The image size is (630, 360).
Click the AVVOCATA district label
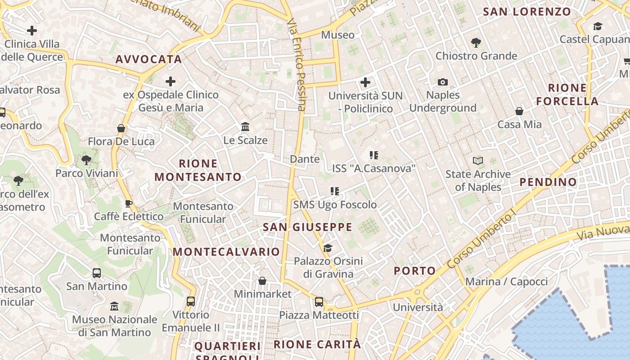(148, 59)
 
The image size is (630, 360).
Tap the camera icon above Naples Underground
(443, 82)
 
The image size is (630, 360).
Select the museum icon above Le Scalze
(245, 127)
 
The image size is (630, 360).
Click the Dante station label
(305, 159)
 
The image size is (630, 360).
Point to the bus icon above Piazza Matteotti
(319, 301)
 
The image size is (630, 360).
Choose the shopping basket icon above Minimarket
(262, 281)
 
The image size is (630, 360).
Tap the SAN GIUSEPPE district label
(307, 227)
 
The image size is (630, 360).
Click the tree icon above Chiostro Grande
(476, 43)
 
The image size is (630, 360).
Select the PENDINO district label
(548, 182)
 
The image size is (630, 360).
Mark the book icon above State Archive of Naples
(478, 161)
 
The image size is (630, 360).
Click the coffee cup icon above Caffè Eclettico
(129, 203)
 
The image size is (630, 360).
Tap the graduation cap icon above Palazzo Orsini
(328, 248)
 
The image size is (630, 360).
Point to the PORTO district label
(415, 271)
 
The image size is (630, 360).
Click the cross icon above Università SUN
(365, 82)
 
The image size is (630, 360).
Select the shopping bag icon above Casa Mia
(519, 111)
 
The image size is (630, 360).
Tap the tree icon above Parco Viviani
(86, 160)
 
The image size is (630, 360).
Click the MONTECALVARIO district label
(226, 252)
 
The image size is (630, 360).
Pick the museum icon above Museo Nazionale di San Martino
(114, 306)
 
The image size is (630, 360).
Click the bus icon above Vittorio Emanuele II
(191, 301)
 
